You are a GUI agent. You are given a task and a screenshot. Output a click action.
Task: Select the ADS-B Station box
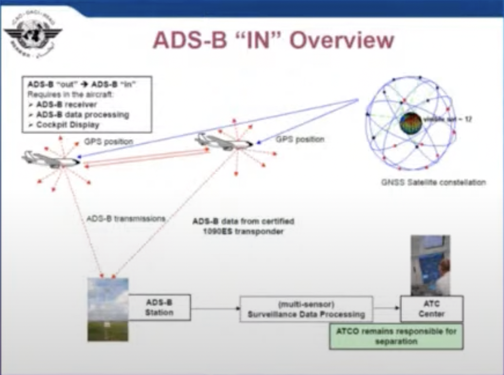click(x=159, y=307)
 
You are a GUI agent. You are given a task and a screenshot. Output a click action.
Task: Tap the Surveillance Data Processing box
click(x=306, y=309)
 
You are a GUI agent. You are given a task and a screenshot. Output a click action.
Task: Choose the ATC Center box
click(x=431, y=308)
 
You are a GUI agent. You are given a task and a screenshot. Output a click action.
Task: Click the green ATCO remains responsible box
click(x=395, y=336)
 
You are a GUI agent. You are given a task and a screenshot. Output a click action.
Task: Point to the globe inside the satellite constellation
click(x=411, y=123)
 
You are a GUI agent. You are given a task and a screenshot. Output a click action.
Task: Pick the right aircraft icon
click(x=224, y=141)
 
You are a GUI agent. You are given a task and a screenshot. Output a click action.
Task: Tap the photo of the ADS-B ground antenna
click(x=108, y=309)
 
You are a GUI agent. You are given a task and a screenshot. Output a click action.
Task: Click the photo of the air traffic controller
click(x=430, y=265)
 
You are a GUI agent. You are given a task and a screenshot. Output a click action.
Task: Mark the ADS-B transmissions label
click(x=126, y=218)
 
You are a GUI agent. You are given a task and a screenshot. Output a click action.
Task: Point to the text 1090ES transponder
click(x=243, y=231)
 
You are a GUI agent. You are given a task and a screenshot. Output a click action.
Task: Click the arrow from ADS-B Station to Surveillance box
click(x=215, y=309)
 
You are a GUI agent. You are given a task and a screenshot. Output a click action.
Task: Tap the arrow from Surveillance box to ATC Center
click(x=386, y=308)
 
